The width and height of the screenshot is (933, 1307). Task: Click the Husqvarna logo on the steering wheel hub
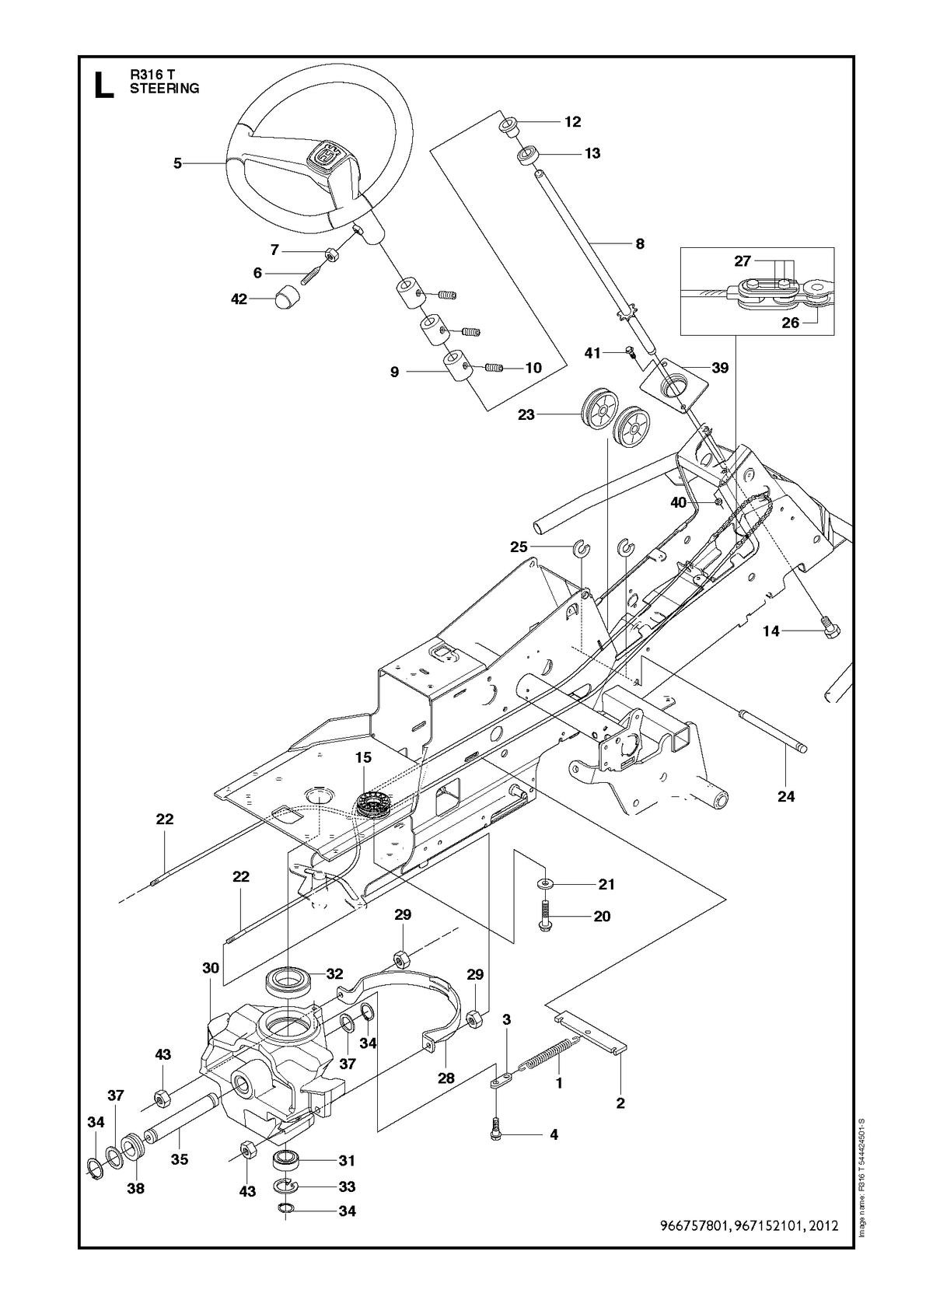pos(323,155)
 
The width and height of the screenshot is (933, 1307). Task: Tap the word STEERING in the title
pos(164,89)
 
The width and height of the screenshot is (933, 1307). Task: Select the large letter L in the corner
pos(104,86)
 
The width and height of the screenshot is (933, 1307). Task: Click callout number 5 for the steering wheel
pos(177,163)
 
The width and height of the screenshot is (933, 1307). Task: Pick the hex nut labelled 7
pos(329,255)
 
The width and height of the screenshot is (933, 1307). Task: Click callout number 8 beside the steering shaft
pos(640,244)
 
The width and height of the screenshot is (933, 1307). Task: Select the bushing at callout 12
pos(508,127)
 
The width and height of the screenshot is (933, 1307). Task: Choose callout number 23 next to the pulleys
pos(526,415)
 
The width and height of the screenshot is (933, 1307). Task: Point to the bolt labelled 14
pos(830,631)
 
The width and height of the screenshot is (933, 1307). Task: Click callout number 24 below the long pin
pos(786,796)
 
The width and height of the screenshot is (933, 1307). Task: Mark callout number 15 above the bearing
pos(363,758)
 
